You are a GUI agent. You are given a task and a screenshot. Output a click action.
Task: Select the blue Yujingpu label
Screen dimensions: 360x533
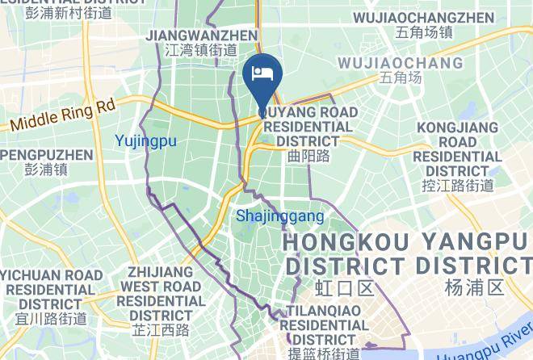(x=145, y=140)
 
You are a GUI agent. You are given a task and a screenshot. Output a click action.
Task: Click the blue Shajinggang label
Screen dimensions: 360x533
(x=279, y=216)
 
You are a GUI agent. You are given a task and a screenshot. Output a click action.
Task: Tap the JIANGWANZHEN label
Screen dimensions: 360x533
(x=201, y=36)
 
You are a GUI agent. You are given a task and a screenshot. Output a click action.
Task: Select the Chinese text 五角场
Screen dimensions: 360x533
(x=401, y=78)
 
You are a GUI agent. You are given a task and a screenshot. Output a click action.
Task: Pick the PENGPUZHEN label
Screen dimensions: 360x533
(x=47, y=154)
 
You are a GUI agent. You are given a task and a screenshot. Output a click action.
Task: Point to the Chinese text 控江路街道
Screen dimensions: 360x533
(x=458, y=186)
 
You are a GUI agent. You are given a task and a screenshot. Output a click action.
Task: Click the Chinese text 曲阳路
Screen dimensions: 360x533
(x=308, y=157)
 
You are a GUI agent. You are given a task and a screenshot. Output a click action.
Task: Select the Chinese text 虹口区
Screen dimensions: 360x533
(x=333, y=288)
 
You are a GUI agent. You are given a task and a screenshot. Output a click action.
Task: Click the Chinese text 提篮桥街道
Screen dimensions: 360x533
(x=320, y=354)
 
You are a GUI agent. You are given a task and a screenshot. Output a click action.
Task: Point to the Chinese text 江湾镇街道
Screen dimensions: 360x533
(x=201, y=50)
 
